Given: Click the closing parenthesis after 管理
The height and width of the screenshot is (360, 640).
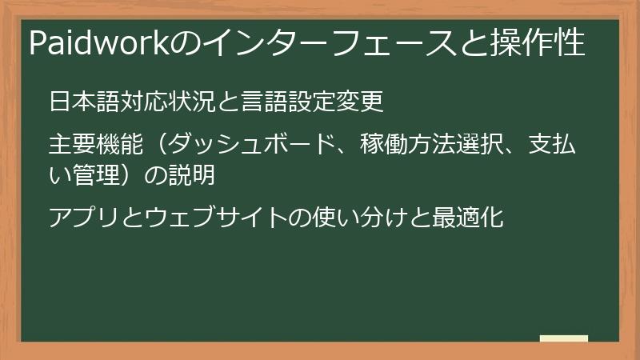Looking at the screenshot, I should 129,174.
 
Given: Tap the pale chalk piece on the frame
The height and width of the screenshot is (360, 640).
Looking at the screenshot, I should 563,339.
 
